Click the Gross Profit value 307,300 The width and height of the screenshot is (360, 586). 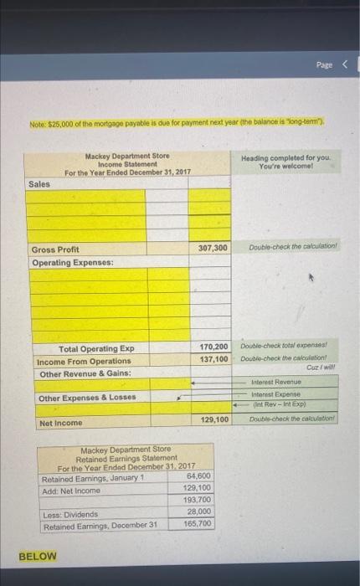pyautogui.click(x=213, y=249)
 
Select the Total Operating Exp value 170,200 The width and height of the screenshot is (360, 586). pyautogui.click(x=213, y=347)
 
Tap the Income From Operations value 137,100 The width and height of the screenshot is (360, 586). pyautogui.click(x=213, y=360)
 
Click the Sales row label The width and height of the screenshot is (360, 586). pyautogui.click(x=39, y=183)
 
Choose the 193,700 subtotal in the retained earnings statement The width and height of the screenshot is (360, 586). pyautogui.click(x=197, y=500)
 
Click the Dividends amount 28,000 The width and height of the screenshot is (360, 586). pyautogui.click(x=197, y=511)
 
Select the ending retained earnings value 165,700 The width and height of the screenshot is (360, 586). pyautogui.click(x=197, y=524)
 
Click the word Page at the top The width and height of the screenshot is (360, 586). pyautogui.click(x=324, y=64)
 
